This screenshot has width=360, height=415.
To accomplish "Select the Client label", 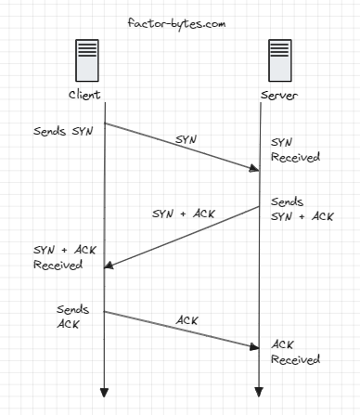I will [x=84, y=95].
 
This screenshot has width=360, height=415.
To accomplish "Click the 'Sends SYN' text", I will [x=61, y=132].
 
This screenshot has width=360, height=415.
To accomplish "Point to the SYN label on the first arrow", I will [x=186, y=138].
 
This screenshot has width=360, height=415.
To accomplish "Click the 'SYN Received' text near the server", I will [x=295, y=150].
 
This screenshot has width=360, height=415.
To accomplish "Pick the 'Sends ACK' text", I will [x=71, y=317].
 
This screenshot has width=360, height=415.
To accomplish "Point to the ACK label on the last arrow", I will [x=187, y=320].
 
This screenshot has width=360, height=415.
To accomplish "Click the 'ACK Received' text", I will [x=295, y=352].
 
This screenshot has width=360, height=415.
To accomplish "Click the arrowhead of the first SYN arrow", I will [x=255, y=169].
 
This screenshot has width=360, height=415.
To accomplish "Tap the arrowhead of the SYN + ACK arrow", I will [x=109, y=266].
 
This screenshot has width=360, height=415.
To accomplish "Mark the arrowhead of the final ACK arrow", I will [x=255, y=347].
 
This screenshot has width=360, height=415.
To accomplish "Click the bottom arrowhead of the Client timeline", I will [x=104, y=389].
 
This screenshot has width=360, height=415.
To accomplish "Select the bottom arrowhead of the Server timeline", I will [x=259, y=389].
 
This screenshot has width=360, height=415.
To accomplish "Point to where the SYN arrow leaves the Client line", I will [x=104, y=123].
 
